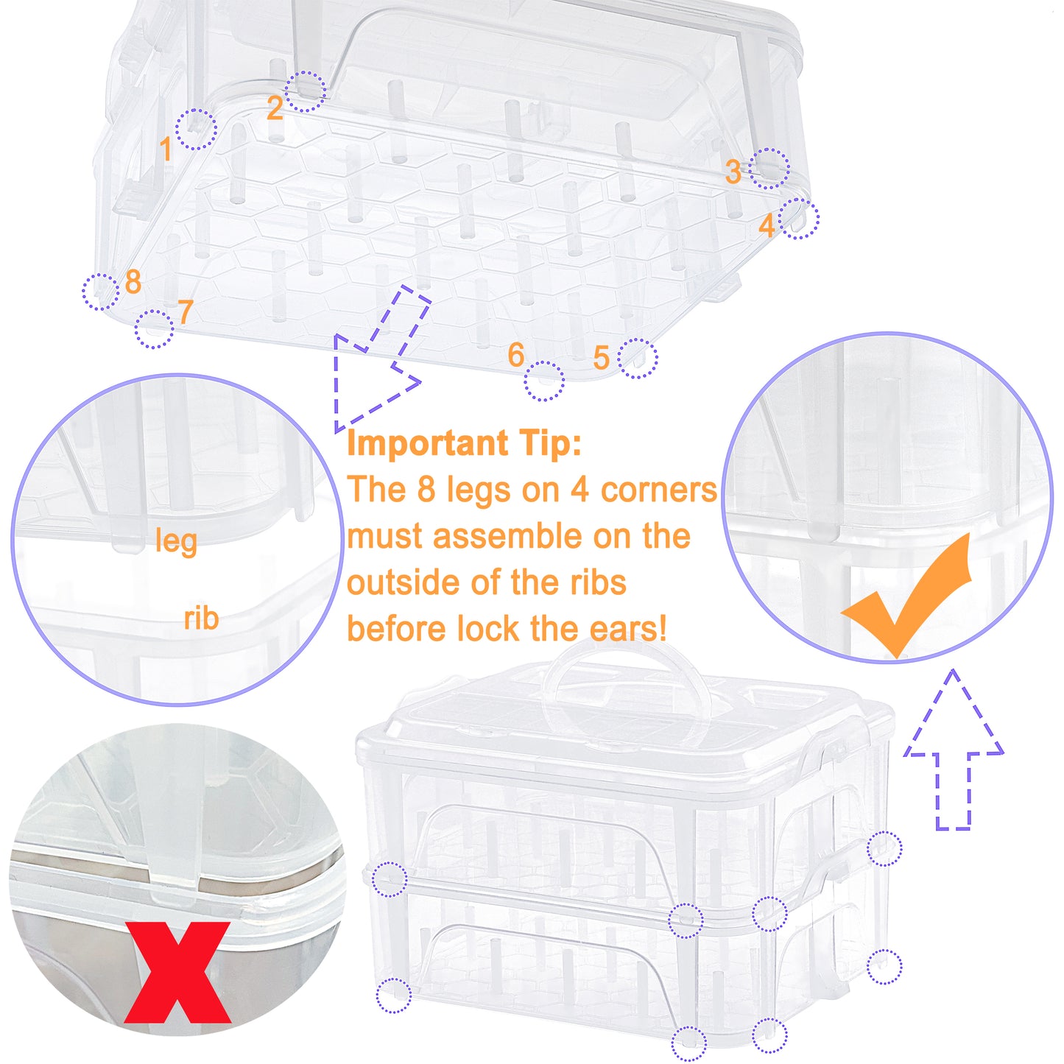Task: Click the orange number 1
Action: (166, 149)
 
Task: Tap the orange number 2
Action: (275, 109)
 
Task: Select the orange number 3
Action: (733, 172)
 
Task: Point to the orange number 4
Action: (767, 225)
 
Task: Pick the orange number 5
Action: (601, 359)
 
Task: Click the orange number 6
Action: (515, 356)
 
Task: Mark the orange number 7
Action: (185, 312)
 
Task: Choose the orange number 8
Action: (133, 281)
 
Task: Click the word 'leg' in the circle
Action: (176, 541)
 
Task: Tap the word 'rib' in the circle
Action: (201, 619)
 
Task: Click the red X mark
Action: (177, 972)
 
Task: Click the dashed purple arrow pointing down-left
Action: (376, 361)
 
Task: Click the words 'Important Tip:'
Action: (464, 443)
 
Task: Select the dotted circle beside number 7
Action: (154, 329)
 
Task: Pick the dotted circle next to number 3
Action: (769, 168)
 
